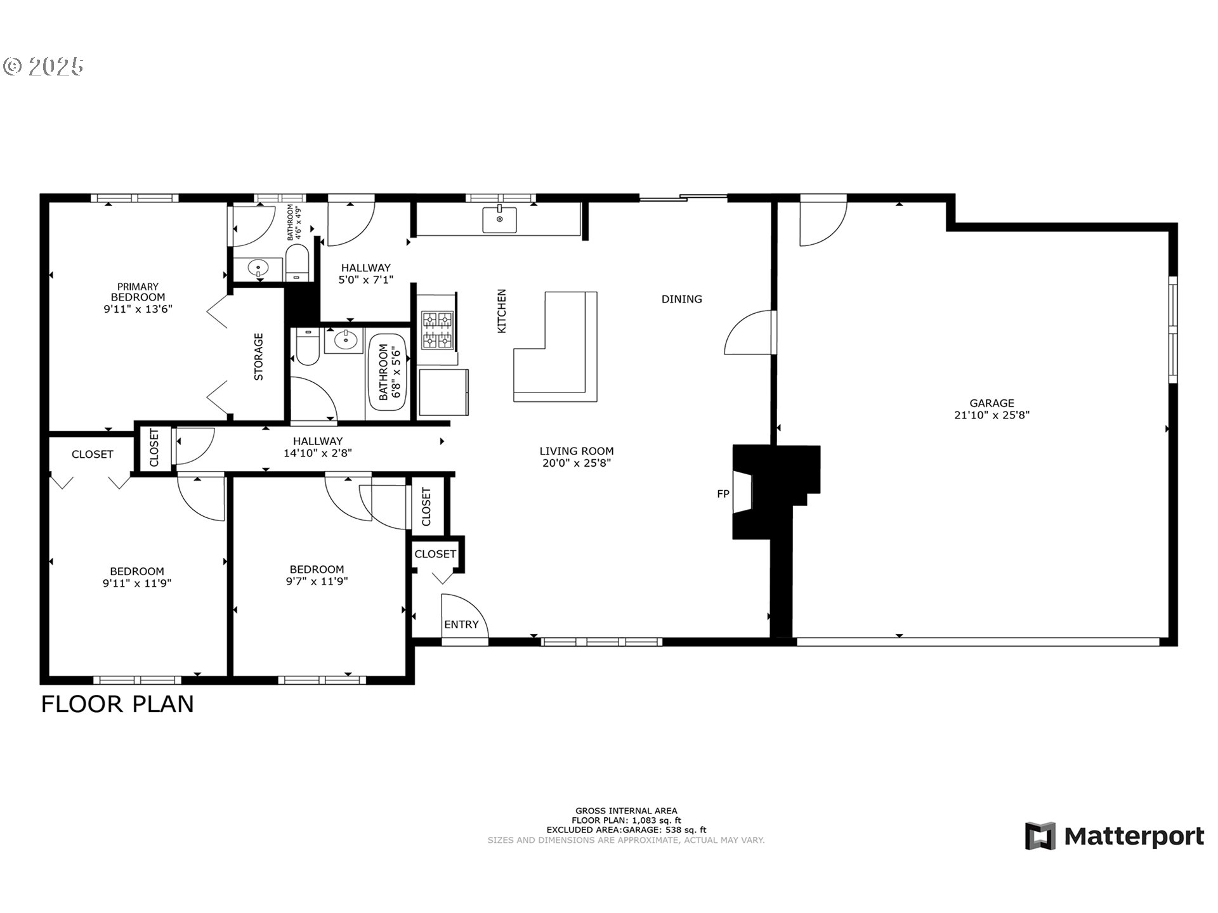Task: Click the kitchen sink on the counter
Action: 499,219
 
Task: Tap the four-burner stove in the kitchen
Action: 438,330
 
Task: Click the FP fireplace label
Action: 723,494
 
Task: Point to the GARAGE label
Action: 992,403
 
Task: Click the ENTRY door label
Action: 461,625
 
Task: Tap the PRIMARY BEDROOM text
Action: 138,292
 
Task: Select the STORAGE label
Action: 259,356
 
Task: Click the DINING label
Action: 681,299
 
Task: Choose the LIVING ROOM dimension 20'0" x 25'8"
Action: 576,463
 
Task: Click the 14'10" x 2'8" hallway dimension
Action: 317,453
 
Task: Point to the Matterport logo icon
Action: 1040,836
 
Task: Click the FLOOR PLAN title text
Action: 117,704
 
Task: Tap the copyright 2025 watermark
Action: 43,67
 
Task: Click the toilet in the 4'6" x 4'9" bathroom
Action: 297,263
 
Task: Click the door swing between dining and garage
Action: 749,333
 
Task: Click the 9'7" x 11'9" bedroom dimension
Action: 317,581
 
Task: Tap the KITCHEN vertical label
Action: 502,311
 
